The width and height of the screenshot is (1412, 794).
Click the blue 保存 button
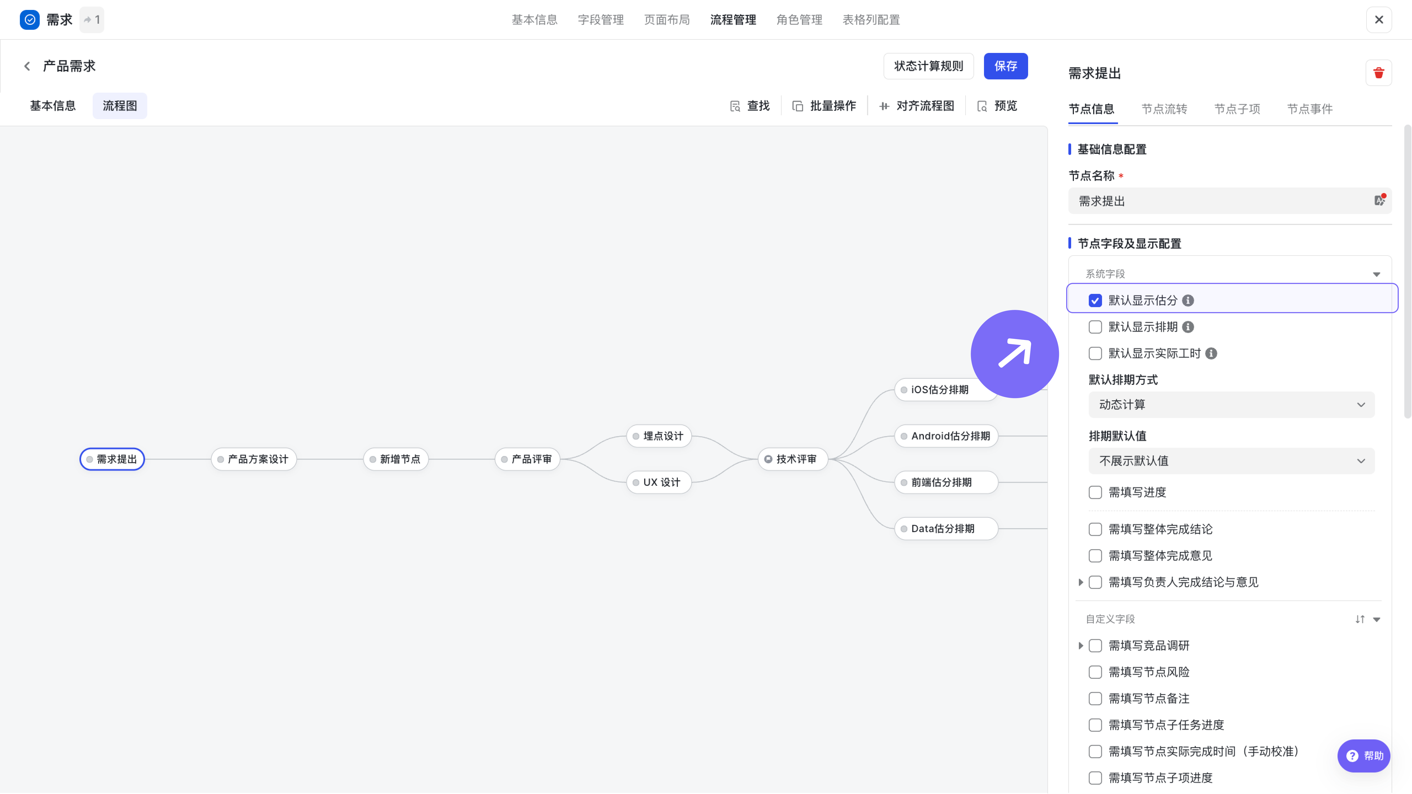[1005, 66]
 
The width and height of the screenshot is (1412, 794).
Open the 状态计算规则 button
[929, 66]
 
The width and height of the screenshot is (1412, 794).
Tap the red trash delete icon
[1379, 73]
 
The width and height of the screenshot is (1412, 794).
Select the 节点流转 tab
[1164, 109]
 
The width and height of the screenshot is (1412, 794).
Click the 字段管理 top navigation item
[601, 20]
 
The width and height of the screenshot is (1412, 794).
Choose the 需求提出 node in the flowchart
[112, 459]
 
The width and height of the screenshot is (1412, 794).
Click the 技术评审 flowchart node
[793, 459]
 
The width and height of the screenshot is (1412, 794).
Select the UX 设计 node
[659, 482]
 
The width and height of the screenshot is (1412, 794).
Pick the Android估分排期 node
[946, 436]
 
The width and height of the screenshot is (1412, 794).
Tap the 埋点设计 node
[659, 436]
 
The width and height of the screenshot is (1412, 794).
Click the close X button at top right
[1379, 20]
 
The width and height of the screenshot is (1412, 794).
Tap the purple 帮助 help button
[1364, 756]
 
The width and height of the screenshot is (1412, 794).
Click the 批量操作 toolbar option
[824, 106]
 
